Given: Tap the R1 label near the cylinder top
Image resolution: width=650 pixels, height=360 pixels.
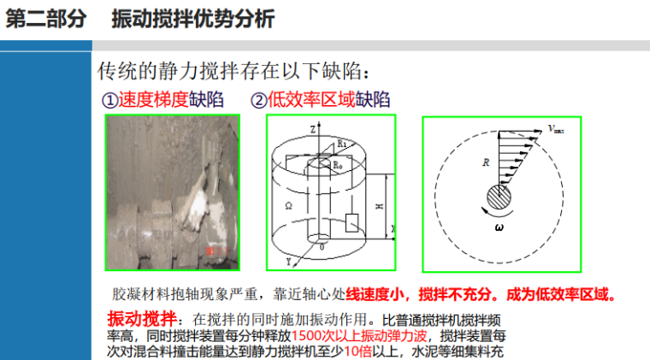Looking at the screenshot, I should (x=341, y=143).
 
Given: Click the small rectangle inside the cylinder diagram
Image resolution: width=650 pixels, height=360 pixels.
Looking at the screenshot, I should (x=351, y=222).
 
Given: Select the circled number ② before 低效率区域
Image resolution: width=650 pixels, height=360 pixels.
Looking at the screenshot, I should (x=259, y=100).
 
